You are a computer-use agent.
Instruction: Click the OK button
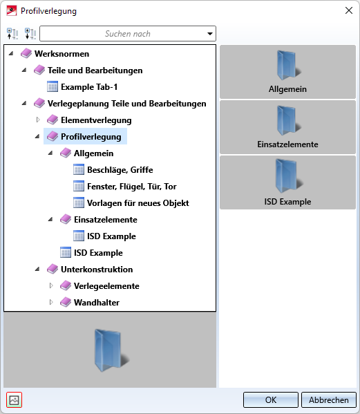point(271,399)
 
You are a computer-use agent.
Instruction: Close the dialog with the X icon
point(349,10)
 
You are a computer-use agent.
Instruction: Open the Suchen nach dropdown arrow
point(210,34)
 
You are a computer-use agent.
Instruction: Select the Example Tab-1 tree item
point(89,87)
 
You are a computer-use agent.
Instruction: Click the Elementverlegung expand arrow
point(38,120)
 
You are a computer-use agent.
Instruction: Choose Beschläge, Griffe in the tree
point(120,170)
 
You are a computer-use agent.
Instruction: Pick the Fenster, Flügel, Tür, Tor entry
point(132,187)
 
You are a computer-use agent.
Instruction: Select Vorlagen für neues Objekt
point(138,203)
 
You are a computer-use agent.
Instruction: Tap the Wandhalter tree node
point(97,302)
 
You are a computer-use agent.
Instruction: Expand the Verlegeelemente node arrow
point(51,285)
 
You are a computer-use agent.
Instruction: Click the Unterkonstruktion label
point(97,270)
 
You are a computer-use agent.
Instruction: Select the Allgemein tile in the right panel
point(287,72)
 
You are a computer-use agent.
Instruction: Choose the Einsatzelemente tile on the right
point(287,127)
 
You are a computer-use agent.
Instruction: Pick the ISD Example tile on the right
point(287,182)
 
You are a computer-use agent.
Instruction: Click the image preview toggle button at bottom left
point(14,400)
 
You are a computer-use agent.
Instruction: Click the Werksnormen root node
point(61,54)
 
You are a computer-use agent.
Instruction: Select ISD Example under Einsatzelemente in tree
point(111,236)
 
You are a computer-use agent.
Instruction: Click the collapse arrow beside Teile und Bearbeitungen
point(24,70)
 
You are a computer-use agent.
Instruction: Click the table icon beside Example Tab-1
point(53,86)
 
